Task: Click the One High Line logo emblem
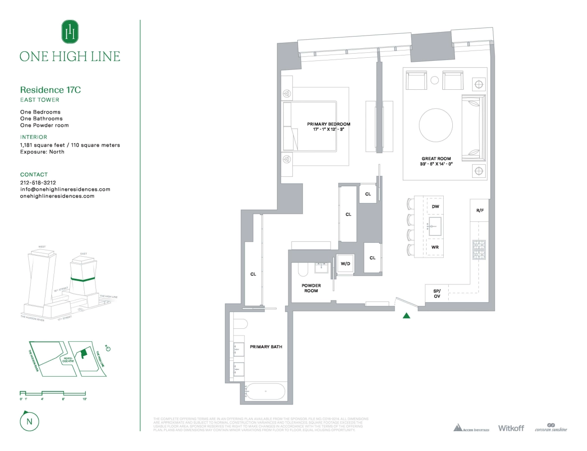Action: tap(70, 32)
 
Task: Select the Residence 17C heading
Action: tap(50, 90)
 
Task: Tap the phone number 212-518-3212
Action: tap(38, 183)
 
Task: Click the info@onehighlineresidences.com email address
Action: tap(65, 189)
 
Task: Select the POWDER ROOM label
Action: tap(311, 288)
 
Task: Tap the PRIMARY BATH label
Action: tap(266, 347)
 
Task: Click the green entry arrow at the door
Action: tap(406, 316)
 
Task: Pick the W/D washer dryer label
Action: tap(345, 264)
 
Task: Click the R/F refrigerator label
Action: tap(480, 211)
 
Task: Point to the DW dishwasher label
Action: tap(435, 207)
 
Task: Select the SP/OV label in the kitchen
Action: tap(437, 294)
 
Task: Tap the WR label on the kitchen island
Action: tap(435, 247)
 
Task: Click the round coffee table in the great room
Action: tap(436, 125)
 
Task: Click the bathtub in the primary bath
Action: tap(265, 391)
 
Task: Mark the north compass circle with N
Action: tap(29, 422)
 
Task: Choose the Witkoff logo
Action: tap(511, 428)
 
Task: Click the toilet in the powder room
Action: tap(303, 269)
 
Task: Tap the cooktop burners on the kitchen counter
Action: tap(479, 250)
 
